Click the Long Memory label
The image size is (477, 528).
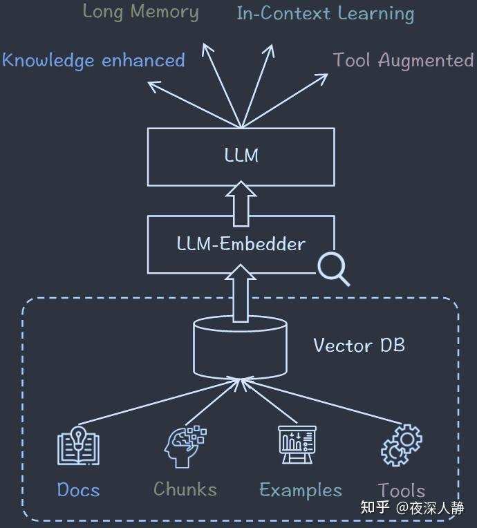pos(140,12)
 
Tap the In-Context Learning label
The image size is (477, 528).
pos(326,14)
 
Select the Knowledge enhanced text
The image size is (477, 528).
pos(93,60)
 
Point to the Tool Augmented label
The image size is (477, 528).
pos(403,60)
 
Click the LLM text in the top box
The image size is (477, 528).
pos(241,155)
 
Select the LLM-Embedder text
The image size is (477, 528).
pos(241,243)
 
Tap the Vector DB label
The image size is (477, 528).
pos(359,345)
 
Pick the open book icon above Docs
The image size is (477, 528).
pos(78,446)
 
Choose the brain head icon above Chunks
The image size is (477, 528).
pos(185,447)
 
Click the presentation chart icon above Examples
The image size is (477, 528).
pos(297,444)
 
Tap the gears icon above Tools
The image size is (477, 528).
pos(402,445)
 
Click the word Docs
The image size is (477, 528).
pos(79,489)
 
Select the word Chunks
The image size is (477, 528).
pos(185,489)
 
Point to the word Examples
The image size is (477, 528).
pos(301,490)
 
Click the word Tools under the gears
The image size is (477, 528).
pos(402,490)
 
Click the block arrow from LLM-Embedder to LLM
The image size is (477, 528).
pos(241,204)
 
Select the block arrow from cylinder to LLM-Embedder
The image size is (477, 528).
pos(241,293)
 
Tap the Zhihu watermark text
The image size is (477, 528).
pos(412,507)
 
